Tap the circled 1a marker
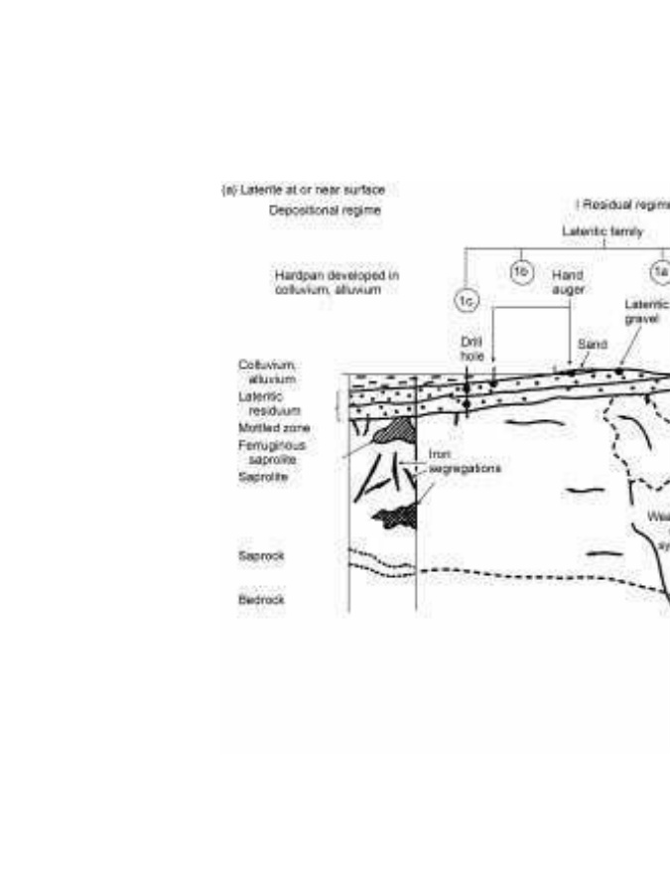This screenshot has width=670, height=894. (659, 271)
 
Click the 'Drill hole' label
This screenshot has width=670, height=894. (471, 347)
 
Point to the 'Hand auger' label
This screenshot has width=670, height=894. (567, 281)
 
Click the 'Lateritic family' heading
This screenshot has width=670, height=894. (603, 231)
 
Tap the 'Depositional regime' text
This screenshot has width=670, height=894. (325, 211)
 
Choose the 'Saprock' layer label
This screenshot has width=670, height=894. (261, 556)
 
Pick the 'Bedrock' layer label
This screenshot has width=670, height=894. (260, 600)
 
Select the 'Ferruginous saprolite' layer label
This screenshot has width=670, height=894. (263, 452)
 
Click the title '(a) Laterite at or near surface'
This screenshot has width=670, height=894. (303, 188)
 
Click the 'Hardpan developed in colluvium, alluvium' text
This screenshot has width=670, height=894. (336, 281)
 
